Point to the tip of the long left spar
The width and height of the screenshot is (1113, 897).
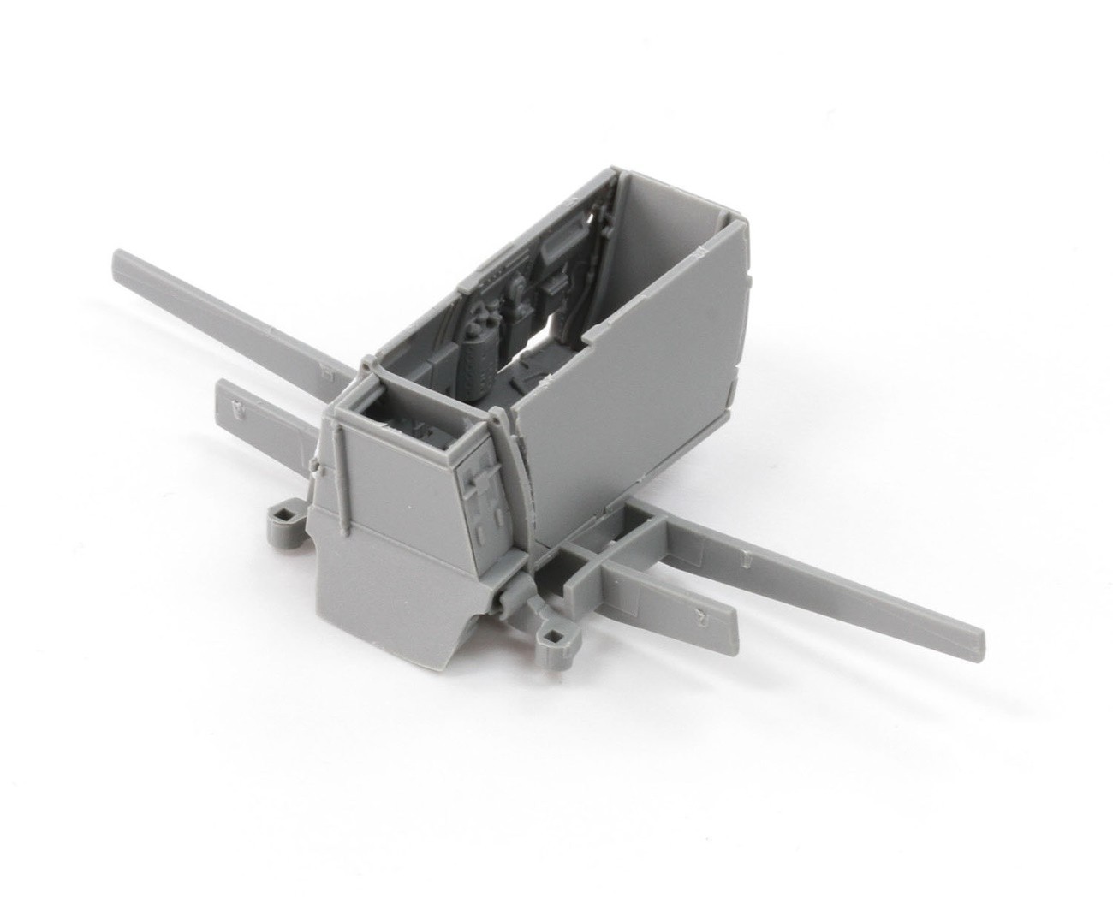(120, 258)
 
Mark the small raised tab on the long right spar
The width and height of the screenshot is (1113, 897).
(747, 558)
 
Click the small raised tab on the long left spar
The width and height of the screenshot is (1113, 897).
(326, 371)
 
